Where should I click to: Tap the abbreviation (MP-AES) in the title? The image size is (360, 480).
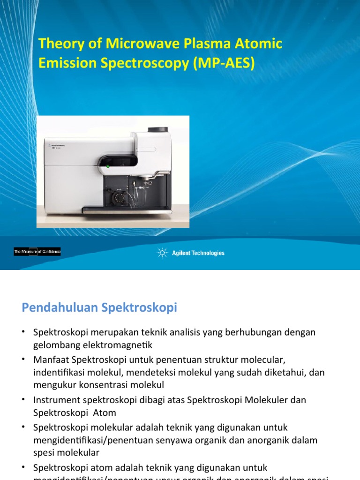click(224, 63)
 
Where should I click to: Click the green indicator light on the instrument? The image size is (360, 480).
click(107, 166)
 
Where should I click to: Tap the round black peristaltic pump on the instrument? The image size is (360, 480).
click(118, 197)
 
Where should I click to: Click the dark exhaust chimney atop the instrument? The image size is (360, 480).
click(158, 129)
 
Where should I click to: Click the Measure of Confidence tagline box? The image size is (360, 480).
click(37, 252)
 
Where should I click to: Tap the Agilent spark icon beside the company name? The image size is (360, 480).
click(162, 253)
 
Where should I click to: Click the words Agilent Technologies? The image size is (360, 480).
click(198, 253)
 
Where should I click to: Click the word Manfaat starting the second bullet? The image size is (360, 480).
click(50, 359)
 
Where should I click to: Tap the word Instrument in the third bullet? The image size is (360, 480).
click(54, 400)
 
